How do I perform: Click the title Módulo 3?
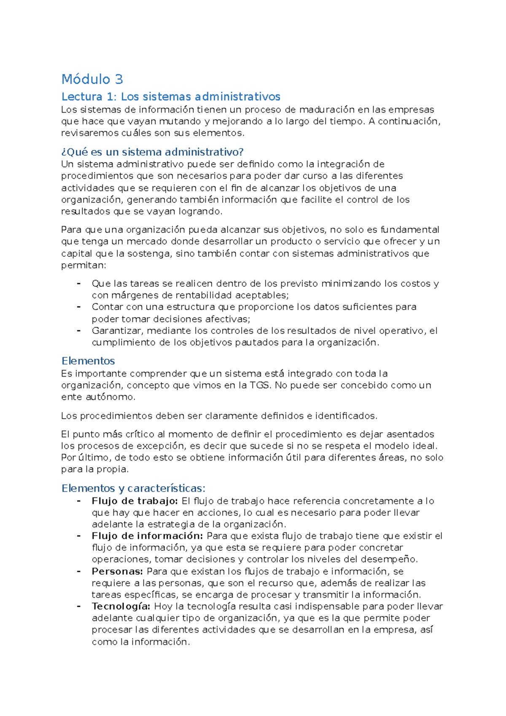click(x=92, y=79)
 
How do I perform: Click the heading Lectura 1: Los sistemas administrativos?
click(x=171, y=97)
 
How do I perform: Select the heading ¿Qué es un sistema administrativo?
click(x=153, y=152)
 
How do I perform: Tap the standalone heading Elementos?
click(x=88, y=361)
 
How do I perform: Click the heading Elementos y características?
click(x=133, y=488)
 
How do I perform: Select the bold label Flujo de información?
click(x=148, y=536)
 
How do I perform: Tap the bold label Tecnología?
click(x=121, y=606)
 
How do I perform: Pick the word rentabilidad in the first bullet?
click(x=200, y=295)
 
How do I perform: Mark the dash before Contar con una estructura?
click(x=79, y=307)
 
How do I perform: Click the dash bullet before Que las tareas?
click(x=79, y=283)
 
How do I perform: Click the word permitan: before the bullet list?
click(x=84, y=266)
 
